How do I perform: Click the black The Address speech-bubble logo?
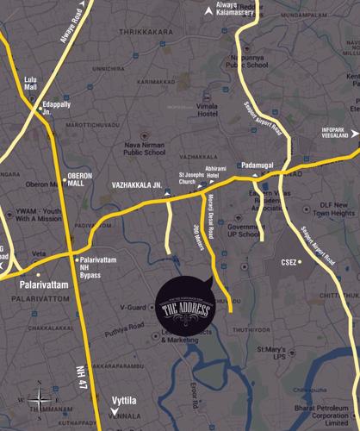[182, 307]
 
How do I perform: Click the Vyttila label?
[124, 401]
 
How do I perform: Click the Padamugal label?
[258, 163]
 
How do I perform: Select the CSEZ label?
[287, 261]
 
